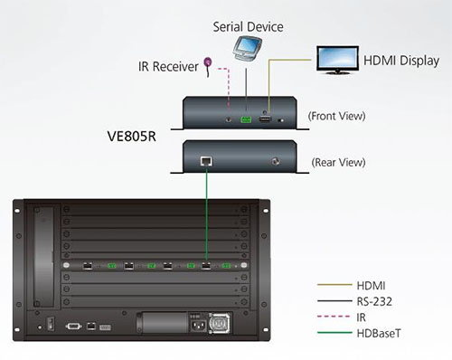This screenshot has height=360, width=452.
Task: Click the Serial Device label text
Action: (x=248, y=27)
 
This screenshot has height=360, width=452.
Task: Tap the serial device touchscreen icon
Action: (x=248, y=49)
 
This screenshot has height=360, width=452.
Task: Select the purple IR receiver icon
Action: (x=208, y=66)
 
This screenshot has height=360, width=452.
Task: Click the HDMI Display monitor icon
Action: (x=337, y=60)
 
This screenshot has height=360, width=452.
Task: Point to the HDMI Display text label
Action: (x=401, y=61)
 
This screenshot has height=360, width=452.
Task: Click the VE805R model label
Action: (x=132, y=137)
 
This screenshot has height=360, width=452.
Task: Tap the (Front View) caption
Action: (x=336, y=116)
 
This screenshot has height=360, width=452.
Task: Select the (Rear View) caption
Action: (x=338, y=163)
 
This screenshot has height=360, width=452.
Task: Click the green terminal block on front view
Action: (x=246, y=119)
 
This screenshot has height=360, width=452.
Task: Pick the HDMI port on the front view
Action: (x=265, y=119)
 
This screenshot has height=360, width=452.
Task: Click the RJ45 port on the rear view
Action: (x=206, y=161)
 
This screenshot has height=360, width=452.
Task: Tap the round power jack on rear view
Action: (x=275, y=162)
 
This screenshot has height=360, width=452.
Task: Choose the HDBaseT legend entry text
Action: (x=379, y=334)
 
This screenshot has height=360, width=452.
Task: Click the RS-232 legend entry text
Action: (x=374, y=301)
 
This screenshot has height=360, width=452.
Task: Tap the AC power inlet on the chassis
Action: (x=198, y=326)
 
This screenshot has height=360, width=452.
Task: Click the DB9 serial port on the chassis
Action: (x=73, y=327)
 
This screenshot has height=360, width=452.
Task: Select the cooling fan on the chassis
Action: (x=220, y=323)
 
